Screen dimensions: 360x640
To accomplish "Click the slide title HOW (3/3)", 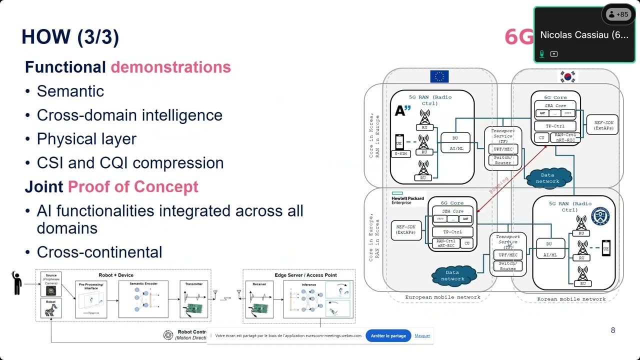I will click(x=70, y=37).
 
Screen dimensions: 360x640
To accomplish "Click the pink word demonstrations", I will click(x=170, y=67).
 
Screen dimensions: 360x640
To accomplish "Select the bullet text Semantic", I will click(x=70, y=91).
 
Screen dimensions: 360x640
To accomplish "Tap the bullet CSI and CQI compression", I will click(x=130, y=163).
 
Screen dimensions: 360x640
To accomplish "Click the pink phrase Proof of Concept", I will click(x=133, y=187).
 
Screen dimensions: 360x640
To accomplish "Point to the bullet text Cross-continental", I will click(x=99, y=252).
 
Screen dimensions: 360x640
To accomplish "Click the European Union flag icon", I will click(x=439, y=76).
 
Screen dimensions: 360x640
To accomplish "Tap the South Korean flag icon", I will click(x=567, y=76).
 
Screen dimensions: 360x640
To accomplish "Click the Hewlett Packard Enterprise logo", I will click(x=407, y=198).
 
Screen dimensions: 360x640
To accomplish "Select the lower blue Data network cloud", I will click(x=452, y=275).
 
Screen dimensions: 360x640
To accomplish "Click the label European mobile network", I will click(x=442, y=297).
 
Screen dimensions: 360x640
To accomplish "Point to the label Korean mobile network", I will click(x=571, y=299).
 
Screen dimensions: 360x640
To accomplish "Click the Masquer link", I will click(x=422, y=335).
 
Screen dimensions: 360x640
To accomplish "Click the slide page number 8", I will click(x=613, y=330).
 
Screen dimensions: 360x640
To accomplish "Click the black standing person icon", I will click(x=17, y=283).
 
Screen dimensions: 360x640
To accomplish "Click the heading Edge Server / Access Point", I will click(x=305, y=275).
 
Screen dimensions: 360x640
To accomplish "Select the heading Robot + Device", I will click(x=116, y=275).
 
